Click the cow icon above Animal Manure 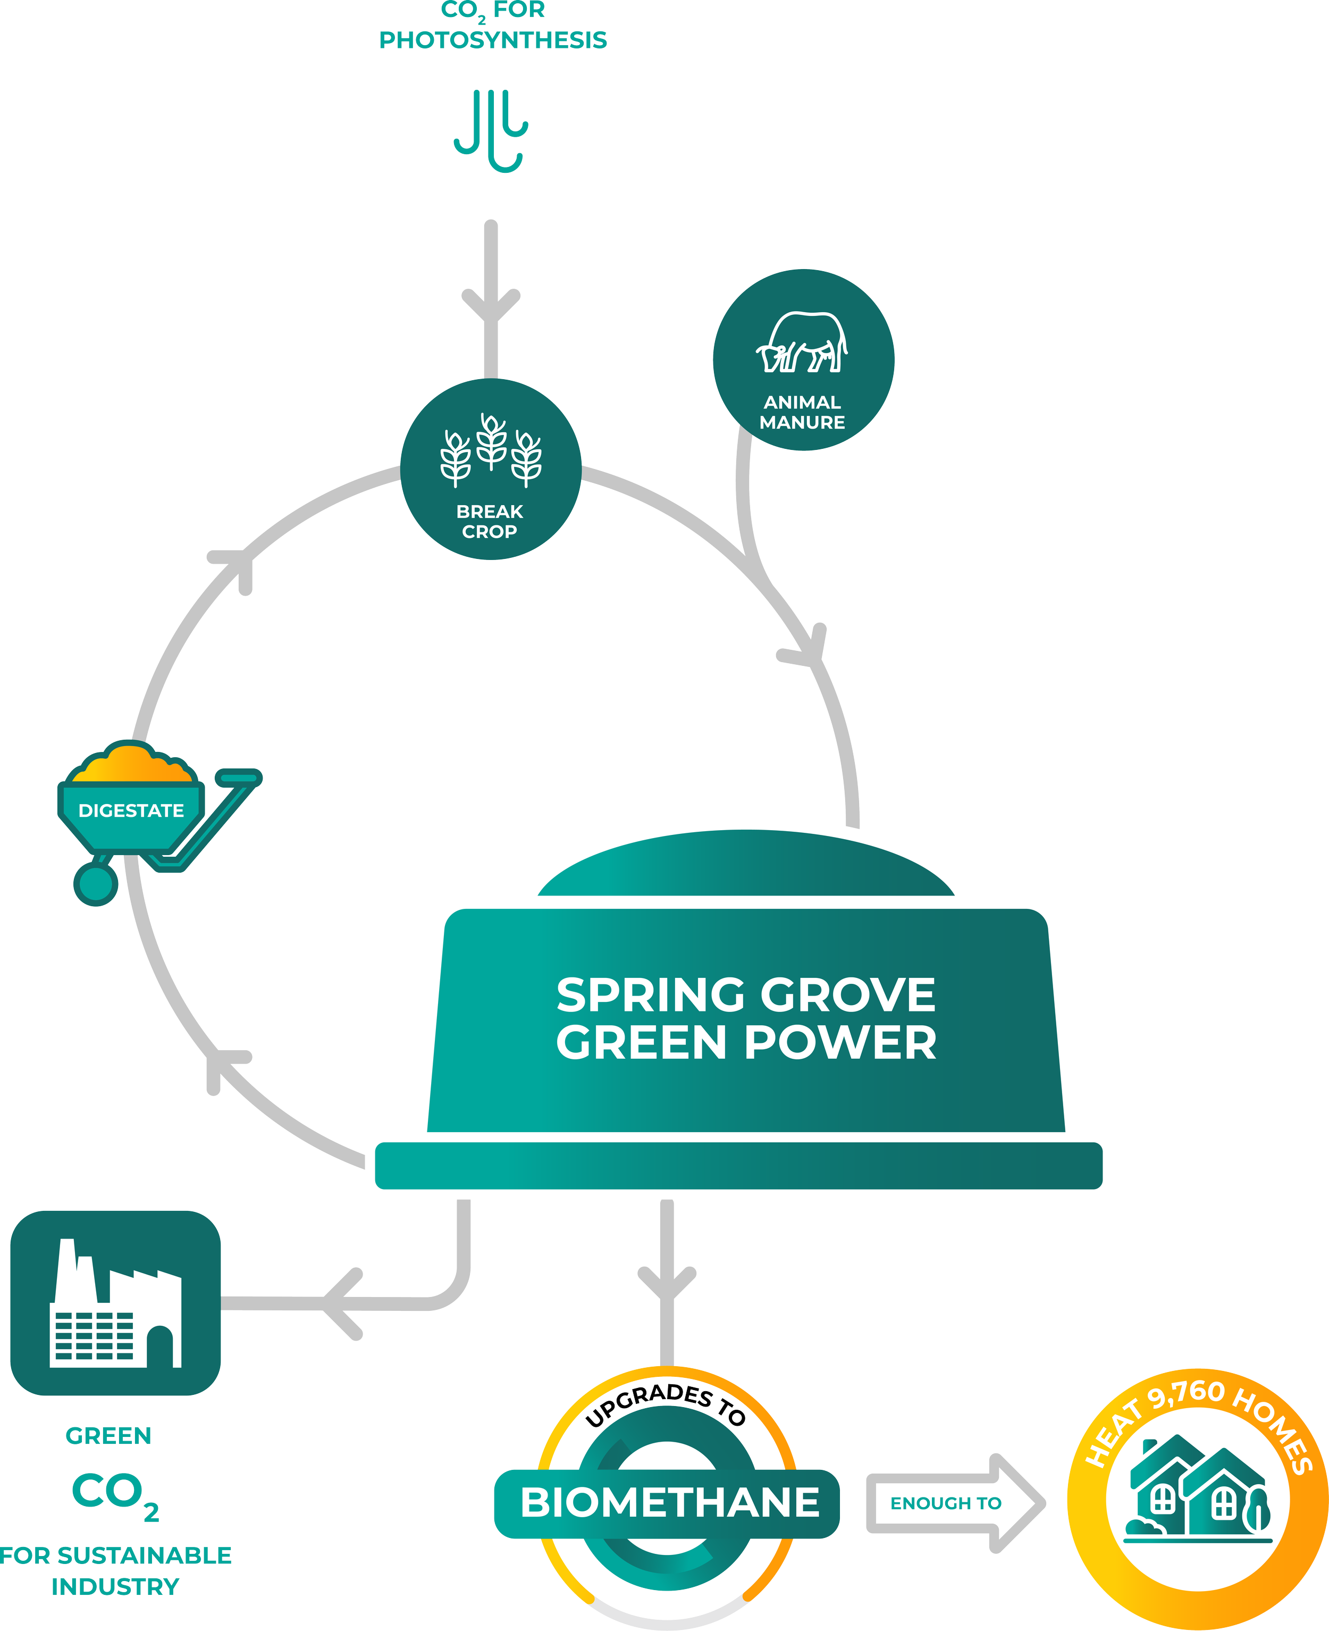pyautogui.click(x=802, y=342)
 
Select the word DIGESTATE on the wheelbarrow pyautogui.click(x=131, y=810)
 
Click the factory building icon pyautogui.click(x=115, y=1302)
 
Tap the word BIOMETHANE pyautogui.click(x=670, y=1502)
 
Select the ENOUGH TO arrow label pyautogui.click(x=946, y=1503)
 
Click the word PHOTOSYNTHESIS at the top pyautogui.click(x=493, y=40)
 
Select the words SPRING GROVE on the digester pyautogui.click(x=746, y=994)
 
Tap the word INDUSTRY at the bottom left pyautogui.click(x=115, y=1586)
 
